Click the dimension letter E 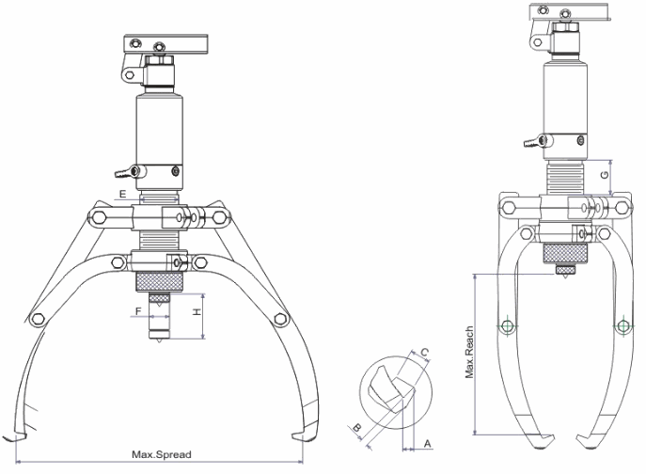point(121,193)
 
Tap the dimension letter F point(137,309)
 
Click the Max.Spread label point(162,455)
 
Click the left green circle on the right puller point(509,326)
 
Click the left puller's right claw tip point(300,434)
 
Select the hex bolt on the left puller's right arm point(279,319)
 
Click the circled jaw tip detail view point(396,394)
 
